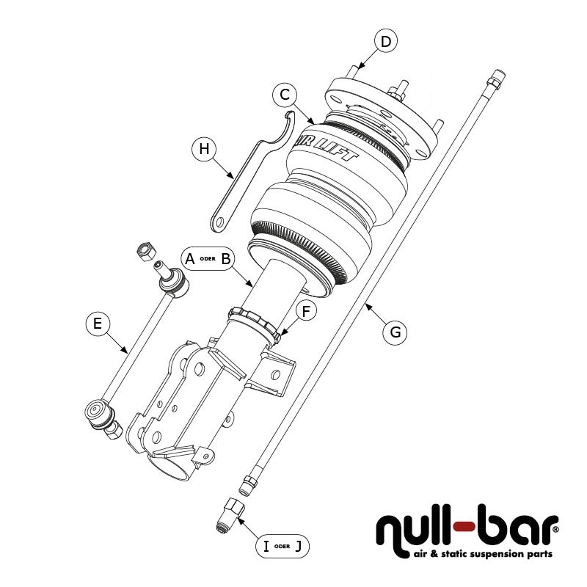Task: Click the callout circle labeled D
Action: [x=386, y=41]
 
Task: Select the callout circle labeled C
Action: [x=285, y=95]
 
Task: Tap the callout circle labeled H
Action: [x=204, y=149]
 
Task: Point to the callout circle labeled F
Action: [x=306, y=310]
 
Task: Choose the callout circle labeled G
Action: [x=395, y=332]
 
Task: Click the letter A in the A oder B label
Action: [x=189, y=259]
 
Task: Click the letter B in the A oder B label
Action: [x=226, y=259]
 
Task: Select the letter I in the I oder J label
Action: [x=266, y=545]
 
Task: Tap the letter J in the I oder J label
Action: [x=297, y=545]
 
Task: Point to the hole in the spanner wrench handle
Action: [x=219, y=219]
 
